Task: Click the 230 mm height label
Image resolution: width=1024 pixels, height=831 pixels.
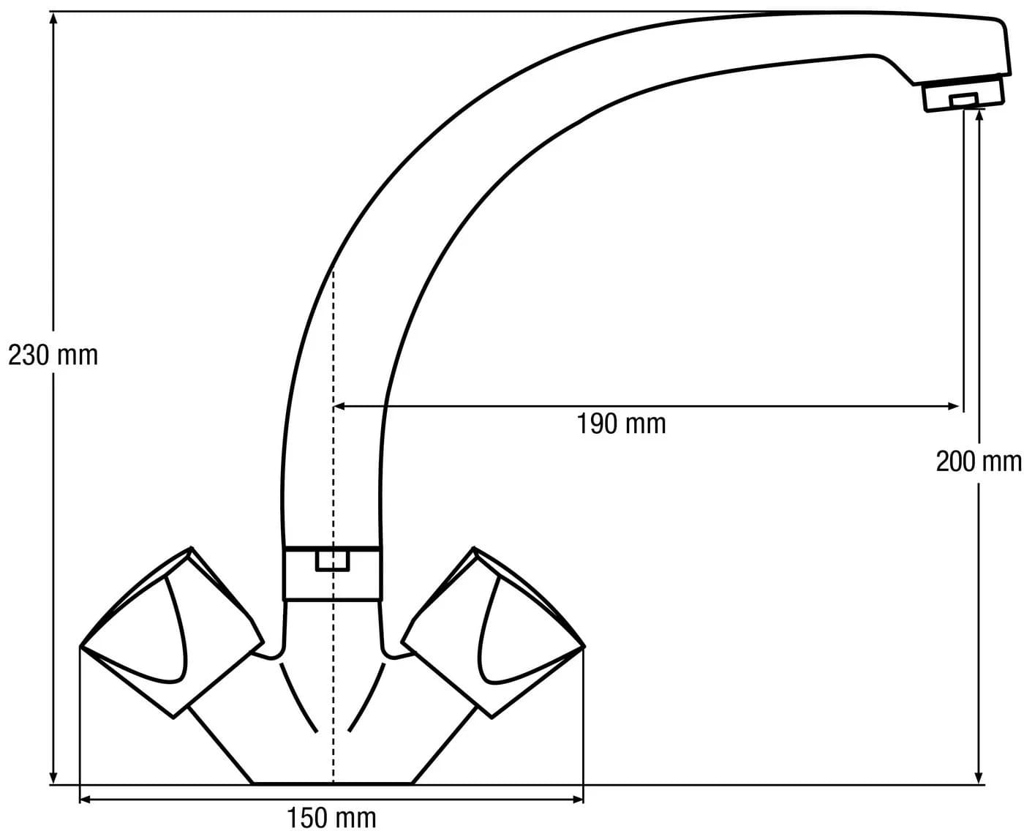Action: click(53, 356)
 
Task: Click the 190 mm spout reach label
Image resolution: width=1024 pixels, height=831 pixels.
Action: click(621, 424)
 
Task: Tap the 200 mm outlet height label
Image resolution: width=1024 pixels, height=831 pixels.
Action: click(979, 462)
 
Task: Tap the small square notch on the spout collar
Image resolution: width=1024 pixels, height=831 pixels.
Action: click(333, 561)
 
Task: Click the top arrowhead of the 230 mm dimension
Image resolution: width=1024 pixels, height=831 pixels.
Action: click(53, 18)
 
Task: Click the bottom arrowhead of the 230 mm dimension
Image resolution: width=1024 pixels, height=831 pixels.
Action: click(53, 777)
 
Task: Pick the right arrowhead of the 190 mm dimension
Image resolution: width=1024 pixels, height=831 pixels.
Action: click(952, 407)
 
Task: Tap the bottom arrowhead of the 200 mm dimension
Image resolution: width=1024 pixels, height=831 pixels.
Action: click(979, 777)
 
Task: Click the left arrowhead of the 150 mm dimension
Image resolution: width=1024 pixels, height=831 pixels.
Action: click(86, 800)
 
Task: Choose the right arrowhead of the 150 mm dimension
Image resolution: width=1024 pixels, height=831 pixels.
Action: click(577, 800)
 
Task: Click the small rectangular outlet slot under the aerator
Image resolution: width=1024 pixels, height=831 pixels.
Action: click(963, 100)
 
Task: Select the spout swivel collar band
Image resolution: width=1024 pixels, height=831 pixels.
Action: click(333, 574)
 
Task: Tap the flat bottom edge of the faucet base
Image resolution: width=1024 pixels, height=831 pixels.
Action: click(332, 784)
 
